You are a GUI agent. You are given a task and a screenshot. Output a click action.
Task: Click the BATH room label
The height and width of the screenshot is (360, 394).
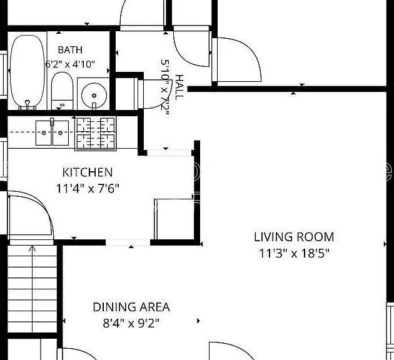70,50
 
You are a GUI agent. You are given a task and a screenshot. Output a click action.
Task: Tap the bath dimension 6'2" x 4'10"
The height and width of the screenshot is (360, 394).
70,64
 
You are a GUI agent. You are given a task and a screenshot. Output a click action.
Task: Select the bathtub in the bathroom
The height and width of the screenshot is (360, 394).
28,72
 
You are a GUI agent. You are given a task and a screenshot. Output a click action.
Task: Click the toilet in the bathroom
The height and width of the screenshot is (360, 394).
63,91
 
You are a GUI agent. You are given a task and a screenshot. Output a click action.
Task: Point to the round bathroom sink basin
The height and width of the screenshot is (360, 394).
94,96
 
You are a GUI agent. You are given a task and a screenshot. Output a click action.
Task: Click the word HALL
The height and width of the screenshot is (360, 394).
179,87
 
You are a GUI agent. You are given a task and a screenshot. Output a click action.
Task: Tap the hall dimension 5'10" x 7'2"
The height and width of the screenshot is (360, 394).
165,87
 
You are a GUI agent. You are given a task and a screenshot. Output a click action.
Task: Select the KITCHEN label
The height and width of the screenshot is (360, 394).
88,172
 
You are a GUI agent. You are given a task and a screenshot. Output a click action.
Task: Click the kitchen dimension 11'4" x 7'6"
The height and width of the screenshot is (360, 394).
88,188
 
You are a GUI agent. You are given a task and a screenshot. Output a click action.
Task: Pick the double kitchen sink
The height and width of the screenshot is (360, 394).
53,132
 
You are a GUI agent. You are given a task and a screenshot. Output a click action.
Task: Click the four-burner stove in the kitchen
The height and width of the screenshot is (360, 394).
96,133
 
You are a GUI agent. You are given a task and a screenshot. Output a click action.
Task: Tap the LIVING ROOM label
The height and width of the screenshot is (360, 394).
294,237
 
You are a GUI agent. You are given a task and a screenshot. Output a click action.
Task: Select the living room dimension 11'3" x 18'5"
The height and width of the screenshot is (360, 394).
294,253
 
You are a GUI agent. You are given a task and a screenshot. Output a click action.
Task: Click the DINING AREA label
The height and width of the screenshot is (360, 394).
131,307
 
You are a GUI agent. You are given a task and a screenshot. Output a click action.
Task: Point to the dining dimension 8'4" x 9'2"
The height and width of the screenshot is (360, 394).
131,323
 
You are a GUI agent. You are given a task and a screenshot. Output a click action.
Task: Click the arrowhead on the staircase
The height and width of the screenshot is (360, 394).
32,248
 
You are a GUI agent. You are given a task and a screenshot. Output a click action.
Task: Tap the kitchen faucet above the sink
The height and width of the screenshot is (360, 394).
52,122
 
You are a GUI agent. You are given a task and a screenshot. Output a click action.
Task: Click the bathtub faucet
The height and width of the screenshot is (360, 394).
28,104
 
